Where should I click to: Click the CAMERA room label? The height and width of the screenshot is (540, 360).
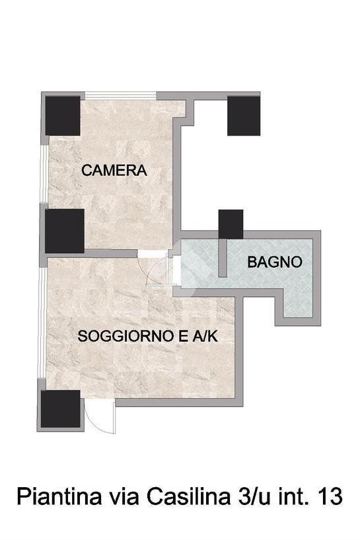point(114,171)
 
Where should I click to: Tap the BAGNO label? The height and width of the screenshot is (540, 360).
point(275,262)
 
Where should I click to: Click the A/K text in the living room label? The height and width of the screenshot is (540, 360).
point(205,336)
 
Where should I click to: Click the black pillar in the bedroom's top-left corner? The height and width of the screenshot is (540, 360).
point(63,116)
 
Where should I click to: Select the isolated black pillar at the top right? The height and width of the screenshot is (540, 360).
point(244,116)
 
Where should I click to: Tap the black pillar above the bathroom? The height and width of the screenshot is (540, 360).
point(231,224)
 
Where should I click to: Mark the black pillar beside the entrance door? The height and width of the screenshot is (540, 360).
point(61,408)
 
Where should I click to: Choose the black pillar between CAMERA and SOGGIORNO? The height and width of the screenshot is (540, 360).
point(65,231)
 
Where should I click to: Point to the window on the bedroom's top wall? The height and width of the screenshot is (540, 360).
point(121,95)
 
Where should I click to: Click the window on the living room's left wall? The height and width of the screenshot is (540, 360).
point(42,323)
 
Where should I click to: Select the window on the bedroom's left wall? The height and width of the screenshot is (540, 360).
point(44,174)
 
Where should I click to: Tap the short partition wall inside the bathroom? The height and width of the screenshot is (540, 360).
point(223,258)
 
